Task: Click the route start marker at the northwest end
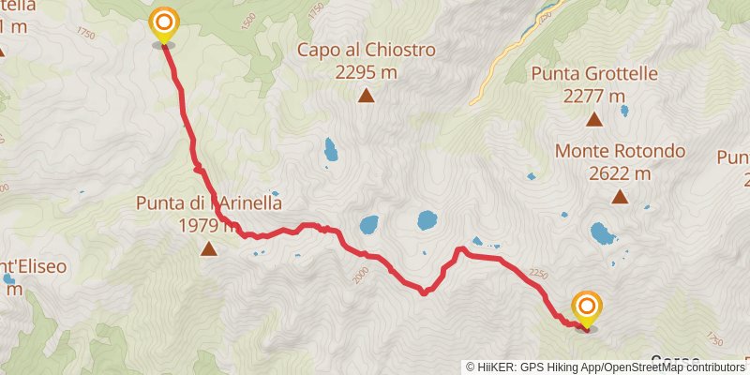(164, 22)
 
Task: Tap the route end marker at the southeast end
(587, 307)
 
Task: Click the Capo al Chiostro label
(367, 50)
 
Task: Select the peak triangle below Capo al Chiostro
(366, 95)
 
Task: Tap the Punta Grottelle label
(593, 74)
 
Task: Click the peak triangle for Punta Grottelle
(593, 119)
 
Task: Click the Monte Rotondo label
(620, 151)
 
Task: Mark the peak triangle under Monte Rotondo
(620, 196)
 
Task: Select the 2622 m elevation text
(620, 172)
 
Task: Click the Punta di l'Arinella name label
(208, 202)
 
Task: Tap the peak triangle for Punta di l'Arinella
(207, 248)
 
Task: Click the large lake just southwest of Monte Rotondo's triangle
(600, 232)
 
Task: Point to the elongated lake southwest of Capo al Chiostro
(329, 149)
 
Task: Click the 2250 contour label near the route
(538, 273)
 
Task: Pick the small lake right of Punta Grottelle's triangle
(624, 112)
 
